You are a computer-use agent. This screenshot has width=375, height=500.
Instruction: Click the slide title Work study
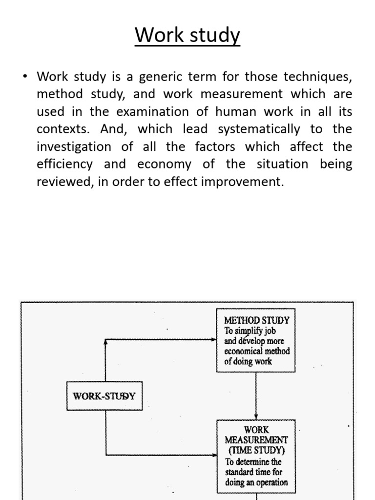click(187, 36)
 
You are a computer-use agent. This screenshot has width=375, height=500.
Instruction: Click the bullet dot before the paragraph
click(25, 77)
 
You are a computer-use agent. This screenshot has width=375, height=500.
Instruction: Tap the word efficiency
click(64, 165)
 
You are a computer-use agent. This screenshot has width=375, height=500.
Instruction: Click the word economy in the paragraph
click(164, 165)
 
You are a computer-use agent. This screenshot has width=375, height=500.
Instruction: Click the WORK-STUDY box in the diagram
click(104, 396)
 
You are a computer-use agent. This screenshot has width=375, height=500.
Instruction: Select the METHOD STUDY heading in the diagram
click(256, 321)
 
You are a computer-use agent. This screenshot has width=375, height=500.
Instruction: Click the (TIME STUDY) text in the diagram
click(256, 450)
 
